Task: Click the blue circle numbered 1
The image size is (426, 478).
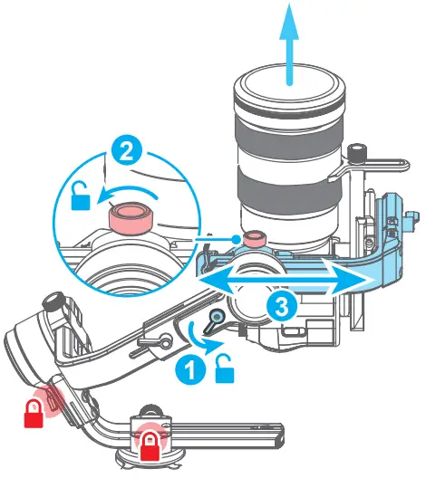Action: pyautogui.click(x=190, y=369)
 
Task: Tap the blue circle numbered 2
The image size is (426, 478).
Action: pyautogui.click(x=126, y=153)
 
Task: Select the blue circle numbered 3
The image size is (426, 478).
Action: pyautogui.click(x=282, y=306)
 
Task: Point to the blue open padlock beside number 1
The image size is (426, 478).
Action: pyautogui.click(x=225, y=368)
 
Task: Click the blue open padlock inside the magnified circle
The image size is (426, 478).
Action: pyautogui.click(x=81, y=196)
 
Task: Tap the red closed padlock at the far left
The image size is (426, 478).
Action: pyautogui.click(x=34, y=414)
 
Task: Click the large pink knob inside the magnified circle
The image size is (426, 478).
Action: pyautogui.click(x=131, y=218)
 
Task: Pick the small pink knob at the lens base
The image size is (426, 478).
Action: pyautogui.click(x=254, y=239)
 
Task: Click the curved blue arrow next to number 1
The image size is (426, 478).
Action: pyautogui.click(x=205, y=338)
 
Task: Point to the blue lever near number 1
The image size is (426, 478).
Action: pyautogui.click(x=214, y=320)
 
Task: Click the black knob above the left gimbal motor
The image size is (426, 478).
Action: pyautogui.click(x=54, y=301)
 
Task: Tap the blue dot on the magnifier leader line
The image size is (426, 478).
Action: pyautogui.click(x=236, y=239)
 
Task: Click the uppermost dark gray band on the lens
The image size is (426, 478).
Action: pyautogui.click(x=289, y=132)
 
